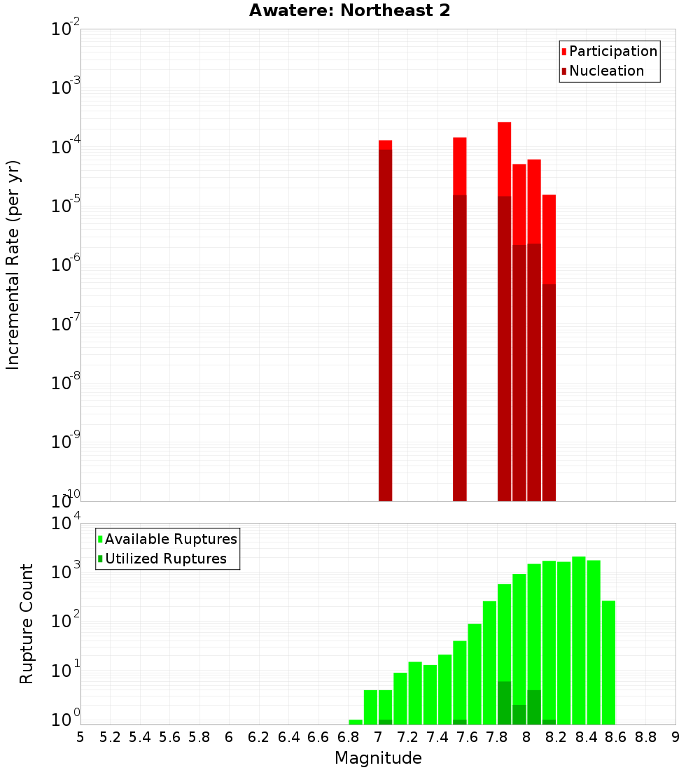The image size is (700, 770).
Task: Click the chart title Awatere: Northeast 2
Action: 349,11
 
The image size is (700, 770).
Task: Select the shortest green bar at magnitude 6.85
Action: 356,722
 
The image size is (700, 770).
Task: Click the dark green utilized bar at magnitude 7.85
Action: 504,703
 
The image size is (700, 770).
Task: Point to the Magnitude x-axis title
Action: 378,757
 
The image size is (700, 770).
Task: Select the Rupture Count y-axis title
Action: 27,623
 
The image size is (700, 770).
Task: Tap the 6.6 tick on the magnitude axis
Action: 318,737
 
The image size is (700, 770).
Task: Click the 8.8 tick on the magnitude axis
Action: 645,737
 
